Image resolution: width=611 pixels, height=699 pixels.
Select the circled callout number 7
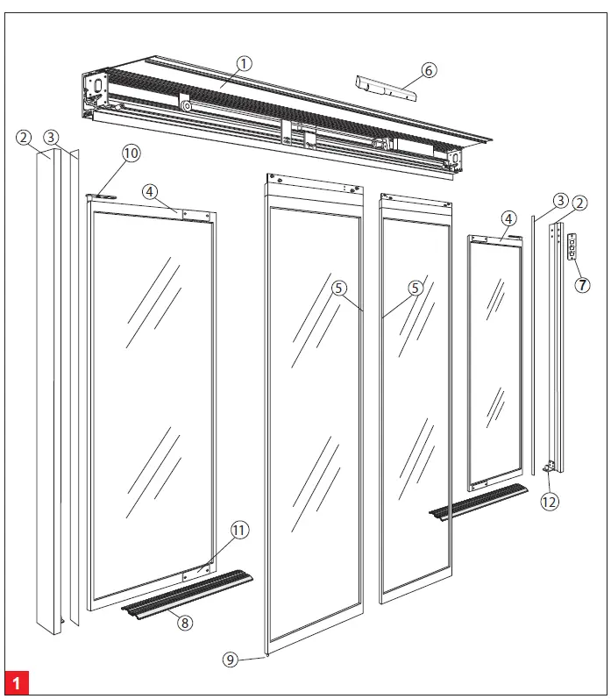[581, 285]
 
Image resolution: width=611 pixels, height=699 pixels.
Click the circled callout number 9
[230, 660]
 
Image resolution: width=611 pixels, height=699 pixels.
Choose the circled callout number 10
[131, 153]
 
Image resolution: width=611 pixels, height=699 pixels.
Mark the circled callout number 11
[239, 530]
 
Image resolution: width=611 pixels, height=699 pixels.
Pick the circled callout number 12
[550, 502]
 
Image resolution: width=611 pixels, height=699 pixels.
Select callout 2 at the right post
[579, 204]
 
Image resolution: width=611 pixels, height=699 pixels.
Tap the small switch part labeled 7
[574, 246]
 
